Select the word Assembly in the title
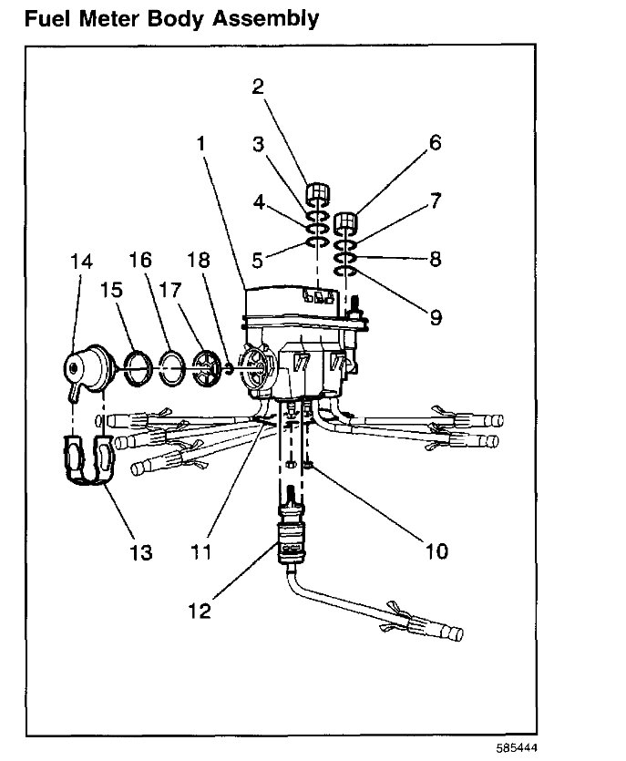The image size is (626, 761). pos(264,18)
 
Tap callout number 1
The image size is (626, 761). pos(202,142)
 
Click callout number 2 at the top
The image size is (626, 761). pos(258,87)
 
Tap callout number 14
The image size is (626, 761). pos(81,262)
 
